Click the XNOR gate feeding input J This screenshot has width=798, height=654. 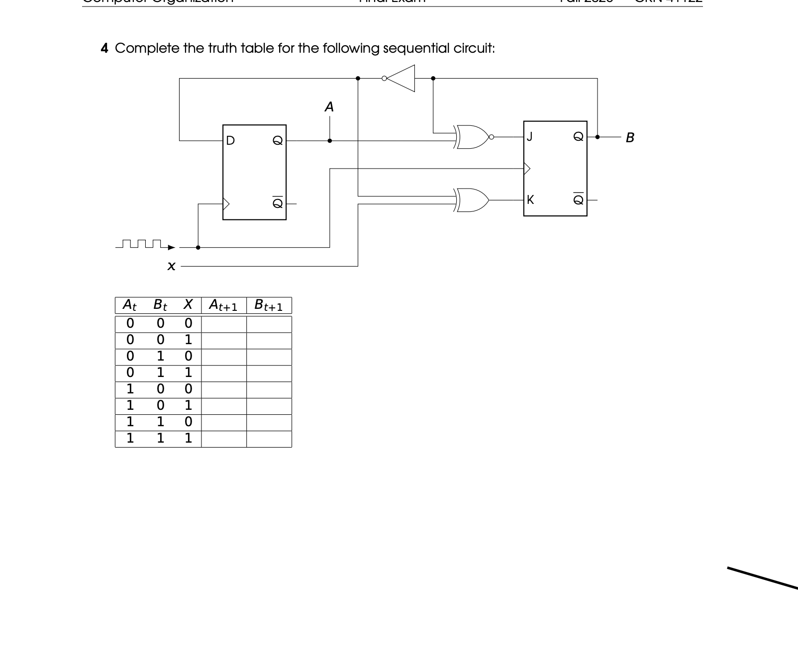click(x=473, y=137)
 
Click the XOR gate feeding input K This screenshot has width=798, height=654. click(x=473, y=200)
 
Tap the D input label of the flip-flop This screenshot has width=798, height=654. click(x=230, y=141)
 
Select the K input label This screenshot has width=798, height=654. click(x=530, y=200)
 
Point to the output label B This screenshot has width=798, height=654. click(x=630, y=137)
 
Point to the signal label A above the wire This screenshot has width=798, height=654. click(x=329, y=107)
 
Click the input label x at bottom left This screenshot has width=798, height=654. click(x=171, y=267)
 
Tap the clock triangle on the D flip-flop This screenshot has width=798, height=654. click(x=226, y=204)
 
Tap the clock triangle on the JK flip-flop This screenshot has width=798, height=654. click(x=527, y=169)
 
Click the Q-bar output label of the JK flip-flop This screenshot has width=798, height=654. click(x=578, y=199)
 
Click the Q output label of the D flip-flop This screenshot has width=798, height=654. click(x=278, y=141)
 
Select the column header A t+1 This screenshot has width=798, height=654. click(x=223, y=305)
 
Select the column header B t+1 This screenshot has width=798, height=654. click(x=269, y=305)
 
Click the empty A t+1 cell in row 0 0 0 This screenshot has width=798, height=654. click(x=223, y=324)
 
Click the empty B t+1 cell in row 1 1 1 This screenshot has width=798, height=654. click(x=269, y=439)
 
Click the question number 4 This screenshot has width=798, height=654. click(x=104, y=48)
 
